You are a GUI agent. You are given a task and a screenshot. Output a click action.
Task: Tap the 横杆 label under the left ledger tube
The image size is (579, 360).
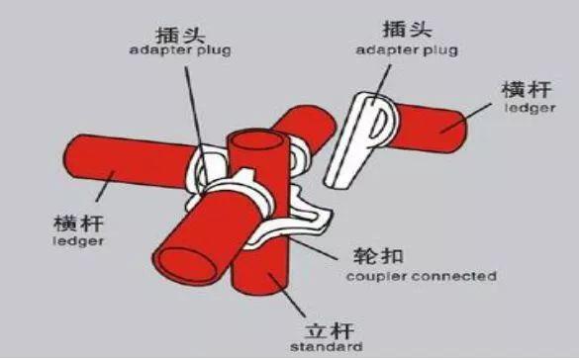78,220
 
